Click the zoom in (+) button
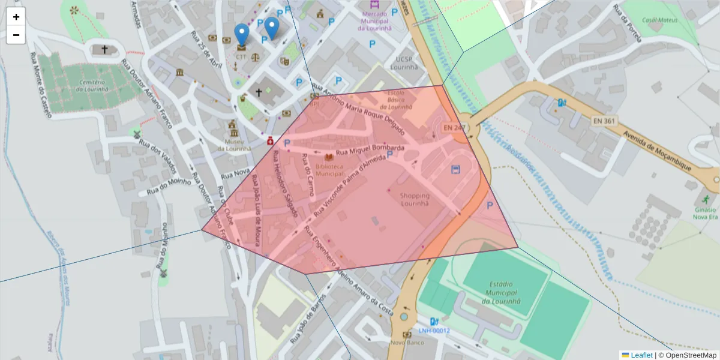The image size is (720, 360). (16, 17)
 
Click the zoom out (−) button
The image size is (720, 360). (16, 35)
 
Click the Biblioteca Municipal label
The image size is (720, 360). (329, 170)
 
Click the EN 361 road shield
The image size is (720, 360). (604, 121)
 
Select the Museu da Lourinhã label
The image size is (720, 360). (233, 145)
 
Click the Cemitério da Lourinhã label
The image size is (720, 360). (91, 85)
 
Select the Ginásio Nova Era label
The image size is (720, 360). (705, 213)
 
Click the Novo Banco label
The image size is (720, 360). (407, 343)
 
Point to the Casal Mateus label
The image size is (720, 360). (659, 20)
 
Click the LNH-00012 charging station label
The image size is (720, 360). (434, 331)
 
